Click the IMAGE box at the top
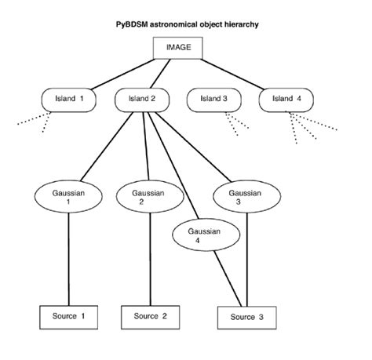pyautogui.click(x=178, y=47)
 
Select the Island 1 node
pyautogui.click(x=66, y=100)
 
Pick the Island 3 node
pyautogui.click(x=214, y=100)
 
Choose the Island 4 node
pyautogui.click(x=288, y=100)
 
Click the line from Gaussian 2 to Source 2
pyautogui.click(x=149, y=259)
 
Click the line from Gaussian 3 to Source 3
pyautogui.click(x=248, y=259)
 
